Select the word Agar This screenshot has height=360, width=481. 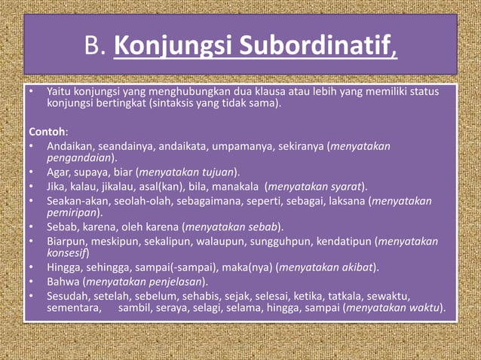(58, 172)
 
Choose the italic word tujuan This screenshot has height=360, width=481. (214, 172)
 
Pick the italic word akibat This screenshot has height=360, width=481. (357, 267)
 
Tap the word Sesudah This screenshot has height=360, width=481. (67, 294)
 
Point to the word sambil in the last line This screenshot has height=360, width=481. (133, 307)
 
